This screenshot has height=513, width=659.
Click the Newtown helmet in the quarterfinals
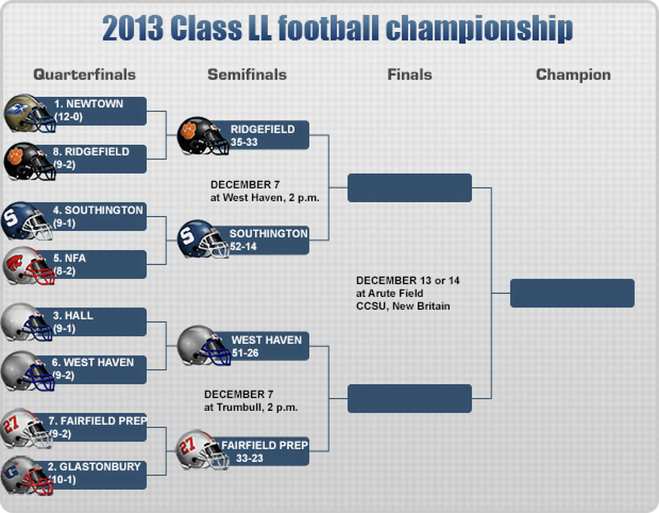(x=30, y=113)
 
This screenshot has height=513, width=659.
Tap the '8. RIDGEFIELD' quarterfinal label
(x=91, y=152)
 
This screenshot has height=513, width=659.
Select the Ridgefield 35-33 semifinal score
(x=244, y=142)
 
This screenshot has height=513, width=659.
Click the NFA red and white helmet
(x=29, y=266)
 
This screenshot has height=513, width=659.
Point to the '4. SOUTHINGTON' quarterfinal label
(x=98, y=210)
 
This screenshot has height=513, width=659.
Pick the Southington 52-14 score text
(x=243, y=246)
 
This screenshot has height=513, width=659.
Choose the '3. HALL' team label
(x=73, y=316)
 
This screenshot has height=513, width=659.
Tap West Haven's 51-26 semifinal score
(x=245, y=353)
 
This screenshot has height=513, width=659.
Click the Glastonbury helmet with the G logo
(x=27, y=476)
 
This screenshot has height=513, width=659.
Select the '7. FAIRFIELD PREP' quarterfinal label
(x=98, y=421)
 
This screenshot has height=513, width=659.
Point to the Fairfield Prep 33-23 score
(x=249, y=458)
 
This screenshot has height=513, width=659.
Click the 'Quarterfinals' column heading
(x=85, y=75)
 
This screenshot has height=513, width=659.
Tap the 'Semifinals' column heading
(x=247, y=75)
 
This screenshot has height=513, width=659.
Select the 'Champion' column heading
(x=573, y=75)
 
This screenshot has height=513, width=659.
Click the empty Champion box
(x=572, y=293)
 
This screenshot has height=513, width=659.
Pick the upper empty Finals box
(x=410, y=188)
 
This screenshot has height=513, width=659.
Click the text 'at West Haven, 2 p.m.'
(x=265, y=198)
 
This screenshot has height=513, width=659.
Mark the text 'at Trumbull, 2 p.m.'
(x=251, y=407)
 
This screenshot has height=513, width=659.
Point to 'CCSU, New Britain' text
(x=403, y=306)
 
